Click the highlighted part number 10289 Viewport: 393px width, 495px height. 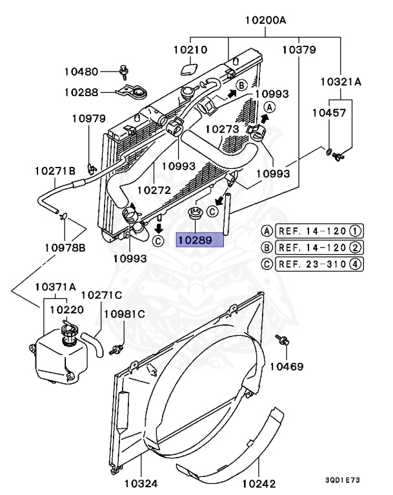pos(200,240)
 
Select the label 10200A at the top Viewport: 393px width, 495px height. pos(265,20)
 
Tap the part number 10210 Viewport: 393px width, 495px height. pos(190,49)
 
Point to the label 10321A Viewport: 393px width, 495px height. pos(341,82)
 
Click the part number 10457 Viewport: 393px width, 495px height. pos(329,113)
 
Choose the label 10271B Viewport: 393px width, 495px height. pos(55,171)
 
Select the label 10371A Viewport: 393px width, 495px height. pos(55,286)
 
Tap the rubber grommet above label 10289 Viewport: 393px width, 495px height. pos(193,213)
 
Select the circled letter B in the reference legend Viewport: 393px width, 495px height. pos(266,247)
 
